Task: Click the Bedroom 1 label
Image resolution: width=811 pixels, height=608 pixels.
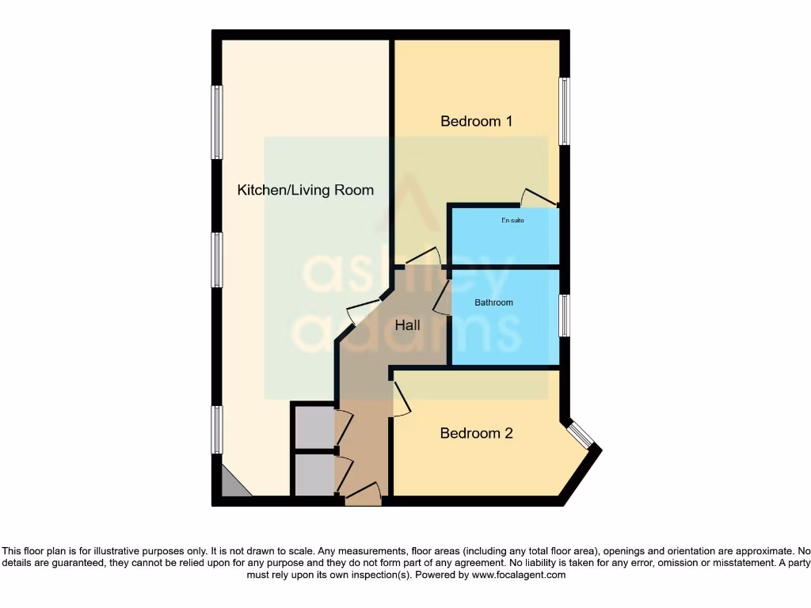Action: [476, 121]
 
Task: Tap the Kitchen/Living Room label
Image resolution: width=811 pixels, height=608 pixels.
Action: [306, 190]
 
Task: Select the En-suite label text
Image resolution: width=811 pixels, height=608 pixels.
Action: [512, 220]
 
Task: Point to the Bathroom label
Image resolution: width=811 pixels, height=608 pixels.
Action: [493, 302]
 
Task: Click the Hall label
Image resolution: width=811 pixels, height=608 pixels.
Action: [408, 325]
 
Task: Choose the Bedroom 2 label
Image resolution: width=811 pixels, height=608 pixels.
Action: [476, 433]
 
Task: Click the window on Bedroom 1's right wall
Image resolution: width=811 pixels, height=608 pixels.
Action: [564, 111]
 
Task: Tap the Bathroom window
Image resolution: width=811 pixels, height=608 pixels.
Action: [564, 315]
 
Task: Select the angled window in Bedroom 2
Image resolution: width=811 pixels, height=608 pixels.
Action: [581, 435]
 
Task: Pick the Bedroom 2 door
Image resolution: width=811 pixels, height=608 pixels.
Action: [401, 398]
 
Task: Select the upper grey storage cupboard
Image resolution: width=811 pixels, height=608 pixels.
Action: [313, 427]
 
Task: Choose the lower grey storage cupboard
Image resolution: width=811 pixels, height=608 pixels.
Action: [313, 474]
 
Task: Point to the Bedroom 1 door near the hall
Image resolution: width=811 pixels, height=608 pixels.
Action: [422, 258]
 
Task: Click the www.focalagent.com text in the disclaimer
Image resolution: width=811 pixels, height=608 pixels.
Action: [520, 575]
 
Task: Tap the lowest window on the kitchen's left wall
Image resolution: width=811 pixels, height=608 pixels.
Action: [216, 429]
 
